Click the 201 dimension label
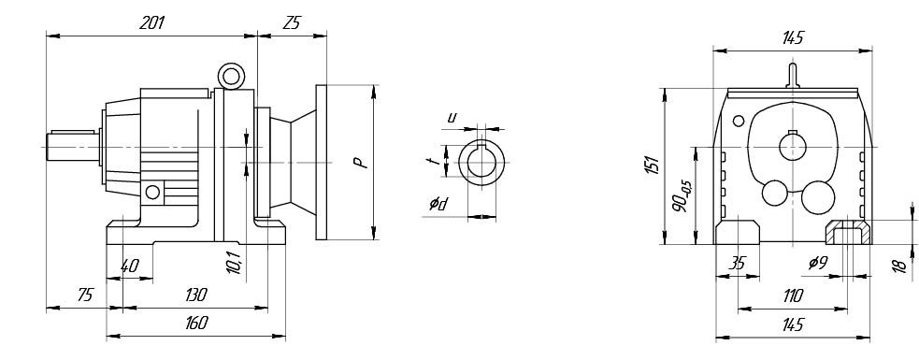click(151, 22)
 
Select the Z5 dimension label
click(292, 22)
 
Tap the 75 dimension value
click(85, 295)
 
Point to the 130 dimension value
click(195, 295)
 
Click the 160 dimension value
click(195, 323)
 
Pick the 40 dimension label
click(129, 266)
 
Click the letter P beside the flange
click(363, 163)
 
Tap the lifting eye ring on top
click(231, 77)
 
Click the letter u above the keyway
click(452, 118)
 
